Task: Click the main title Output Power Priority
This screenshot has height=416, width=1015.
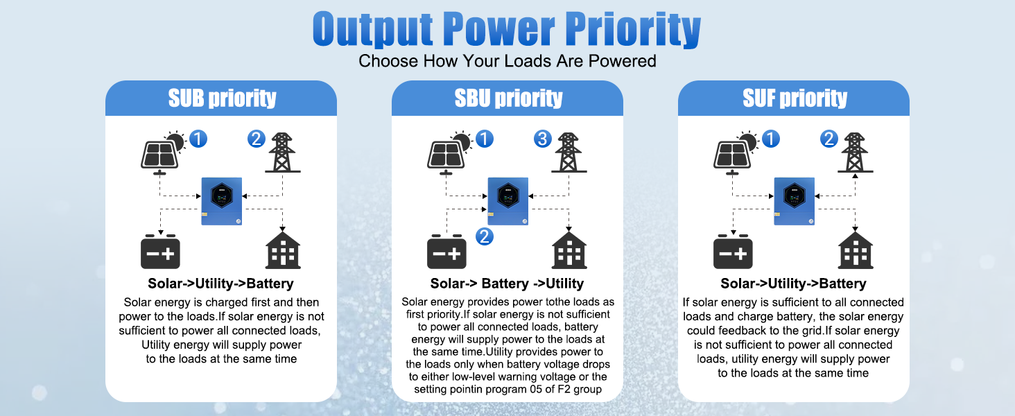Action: pos(507,28)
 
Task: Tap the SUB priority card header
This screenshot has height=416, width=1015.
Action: pos(221,98)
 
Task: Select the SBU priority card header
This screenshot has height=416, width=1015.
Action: pos(507,98)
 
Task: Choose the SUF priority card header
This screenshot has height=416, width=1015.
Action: pos(794,98)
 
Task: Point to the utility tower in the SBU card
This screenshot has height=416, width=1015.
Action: pos(569,153)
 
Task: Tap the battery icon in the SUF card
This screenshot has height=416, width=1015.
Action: pos(733,252)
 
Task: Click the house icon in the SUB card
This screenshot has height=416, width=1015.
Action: pos(283,250)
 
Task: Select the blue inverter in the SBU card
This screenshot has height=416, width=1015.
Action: pos(508,201)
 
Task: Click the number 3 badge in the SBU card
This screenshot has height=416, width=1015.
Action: pos(542,139)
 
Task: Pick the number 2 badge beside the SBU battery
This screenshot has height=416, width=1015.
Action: pos(485,236)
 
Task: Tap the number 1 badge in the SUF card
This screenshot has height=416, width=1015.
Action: pos(771,139)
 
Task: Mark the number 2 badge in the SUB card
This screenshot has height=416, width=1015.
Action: pos(256,139)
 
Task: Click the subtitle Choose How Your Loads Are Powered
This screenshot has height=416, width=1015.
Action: pos(507,61)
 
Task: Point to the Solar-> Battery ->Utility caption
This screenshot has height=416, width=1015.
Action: pos(507,284)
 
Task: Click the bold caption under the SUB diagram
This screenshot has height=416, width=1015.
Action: pos(220,284)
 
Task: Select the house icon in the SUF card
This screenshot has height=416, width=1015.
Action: pos(856,250)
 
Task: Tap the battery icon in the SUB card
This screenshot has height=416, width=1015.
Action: pos(160,252)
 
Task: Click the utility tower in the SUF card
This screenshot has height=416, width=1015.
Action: pos(855,153)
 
